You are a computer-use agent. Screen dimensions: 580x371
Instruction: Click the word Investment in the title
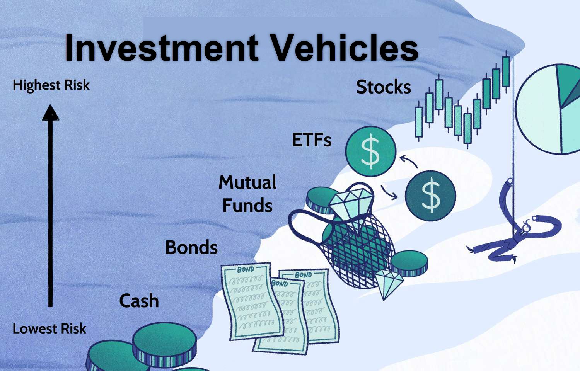pos(162,48)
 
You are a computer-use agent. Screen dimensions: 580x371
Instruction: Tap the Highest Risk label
pos(51,85)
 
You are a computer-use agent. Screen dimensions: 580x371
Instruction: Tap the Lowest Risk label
pos(49,328)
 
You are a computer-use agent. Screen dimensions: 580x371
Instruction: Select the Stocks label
pos(384,87)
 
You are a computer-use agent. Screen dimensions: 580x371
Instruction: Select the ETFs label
pos(312,140)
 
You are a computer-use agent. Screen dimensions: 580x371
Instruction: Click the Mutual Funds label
pos(247,194)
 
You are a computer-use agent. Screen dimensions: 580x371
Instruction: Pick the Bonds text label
pos(191,247)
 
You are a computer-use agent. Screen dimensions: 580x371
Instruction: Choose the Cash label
pos(139,301)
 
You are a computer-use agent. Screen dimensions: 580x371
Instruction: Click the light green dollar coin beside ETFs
pos(371,151)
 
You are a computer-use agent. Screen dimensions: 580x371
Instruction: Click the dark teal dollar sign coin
pos(430,196)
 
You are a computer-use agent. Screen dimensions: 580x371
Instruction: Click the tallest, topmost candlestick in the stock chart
pos(506,71)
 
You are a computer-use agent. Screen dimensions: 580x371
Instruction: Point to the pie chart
pos(548,109)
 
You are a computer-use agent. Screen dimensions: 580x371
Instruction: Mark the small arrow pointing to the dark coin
pos(389,193)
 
